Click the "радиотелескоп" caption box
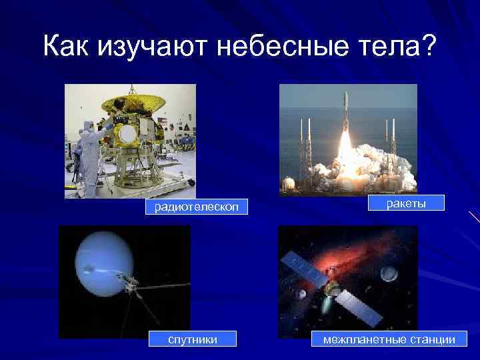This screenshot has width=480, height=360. point(193,208)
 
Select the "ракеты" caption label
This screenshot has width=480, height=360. point(406,203)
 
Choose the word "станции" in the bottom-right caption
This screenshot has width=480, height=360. point(431,339)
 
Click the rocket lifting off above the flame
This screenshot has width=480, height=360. point(345,112)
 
